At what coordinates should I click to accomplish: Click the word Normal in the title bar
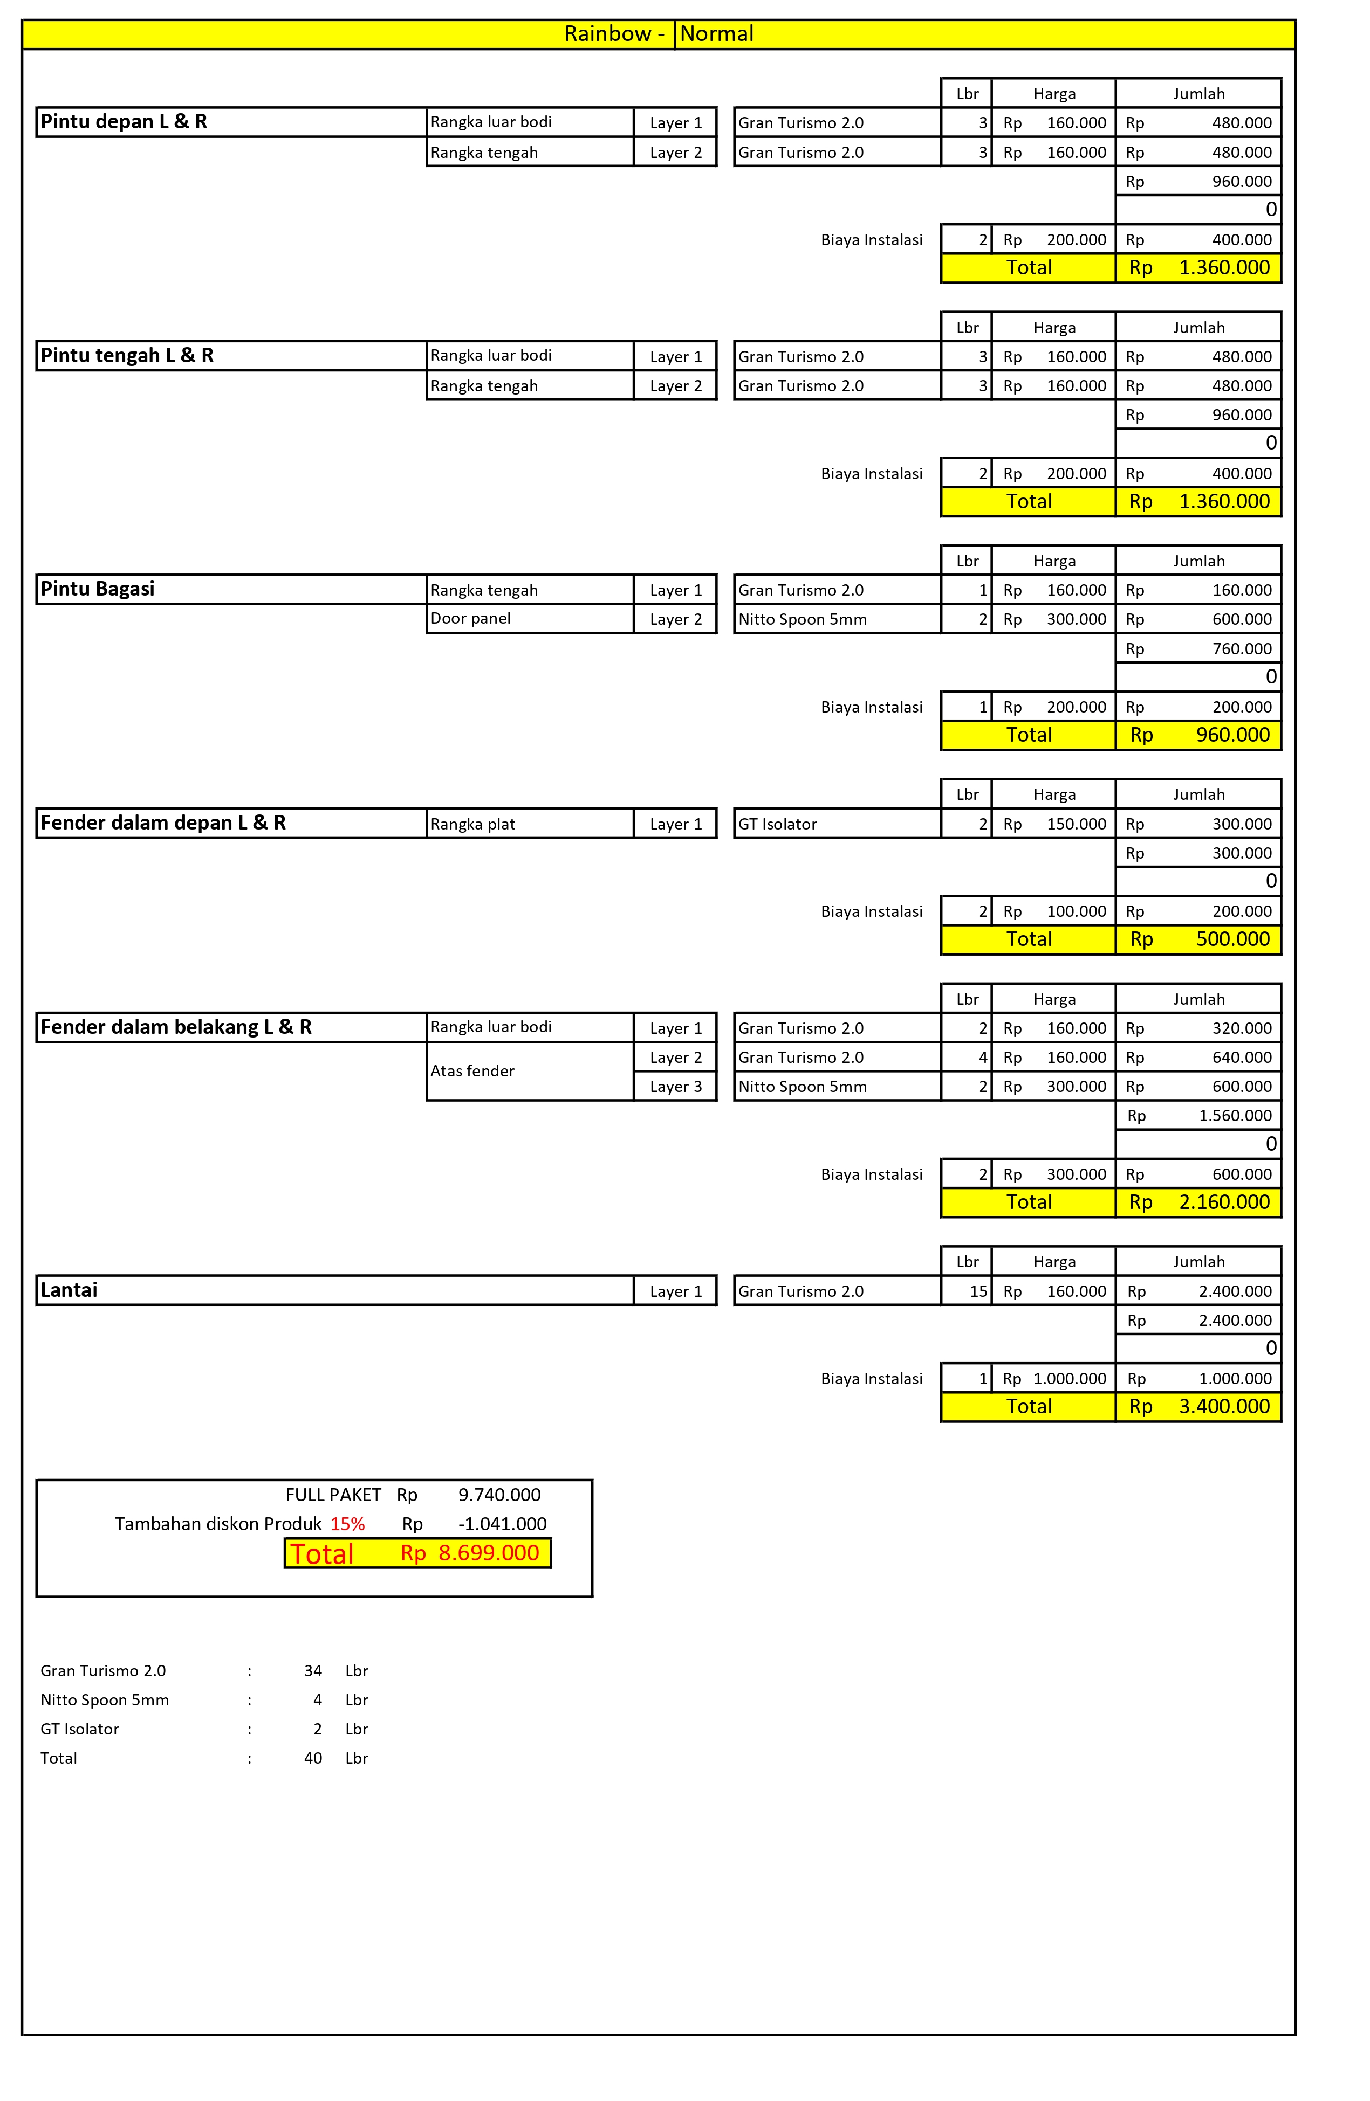[x=716, y=33]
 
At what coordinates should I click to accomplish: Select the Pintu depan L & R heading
[x=124, y=122]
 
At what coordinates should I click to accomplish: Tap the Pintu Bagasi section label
[x=97, y=589]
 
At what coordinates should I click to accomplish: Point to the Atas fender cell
[x=472, y=1071]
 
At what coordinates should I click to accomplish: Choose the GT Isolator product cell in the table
[x=777, y=824]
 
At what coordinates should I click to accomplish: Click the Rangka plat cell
[x=472, y=824]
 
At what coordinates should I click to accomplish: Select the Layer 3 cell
[x=676, y=1086]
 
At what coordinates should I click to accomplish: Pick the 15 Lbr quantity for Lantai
[x=978, y=1290]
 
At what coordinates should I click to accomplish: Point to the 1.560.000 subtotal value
[x=1234, y=1116]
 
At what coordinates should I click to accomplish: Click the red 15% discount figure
[x=347, y=1524]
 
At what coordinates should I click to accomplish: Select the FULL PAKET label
[x=333, y=1495]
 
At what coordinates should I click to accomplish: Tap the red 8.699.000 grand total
[x=489, y=1553]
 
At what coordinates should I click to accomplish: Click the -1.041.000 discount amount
[x=502, y=1524]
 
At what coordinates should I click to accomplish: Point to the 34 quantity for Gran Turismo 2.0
[x=313, y=1670]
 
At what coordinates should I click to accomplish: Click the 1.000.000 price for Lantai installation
[x=1069, y=1378]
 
